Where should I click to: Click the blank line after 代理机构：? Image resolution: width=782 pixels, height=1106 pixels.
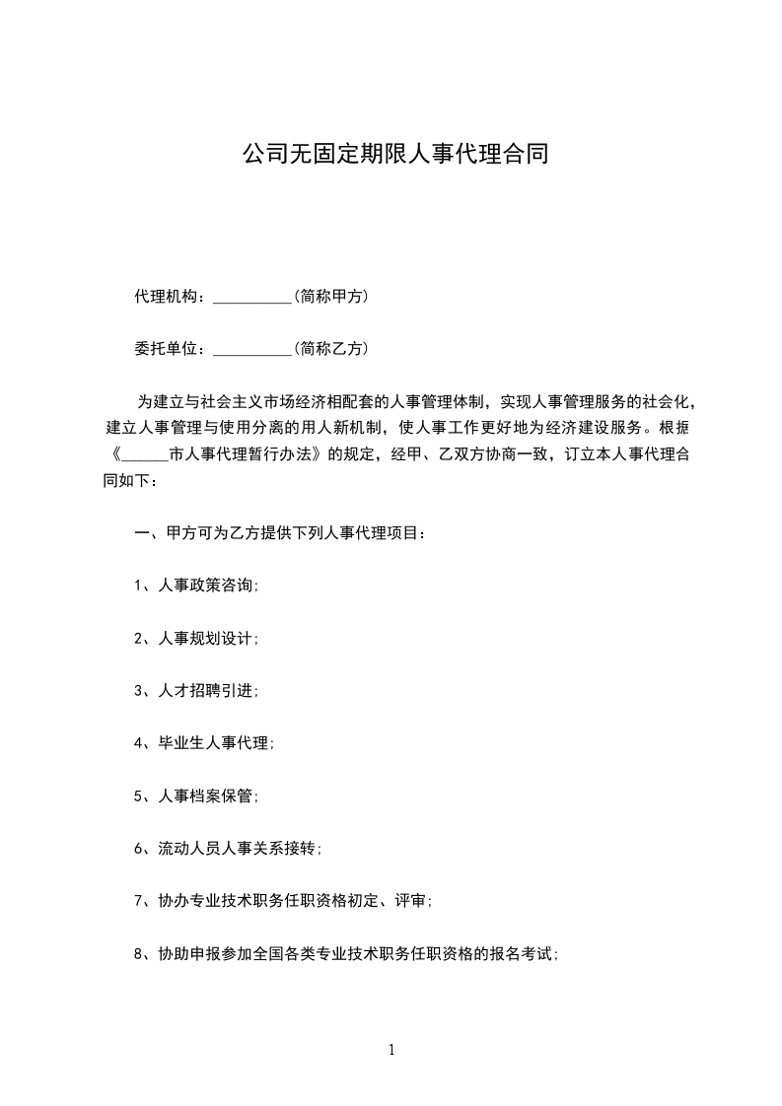(x=252, y=298)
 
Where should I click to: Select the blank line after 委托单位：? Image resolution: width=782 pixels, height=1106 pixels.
(x=252, y=350)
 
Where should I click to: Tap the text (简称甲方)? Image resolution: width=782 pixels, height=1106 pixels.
(x=331, y=296)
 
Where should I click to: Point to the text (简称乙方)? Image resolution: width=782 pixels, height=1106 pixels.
(x=331, y=348)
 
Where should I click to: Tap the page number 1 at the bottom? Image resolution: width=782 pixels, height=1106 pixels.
(x=391, y=1050)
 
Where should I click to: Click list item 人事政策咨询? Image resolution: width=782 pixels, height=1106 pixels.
(x=206, y=585)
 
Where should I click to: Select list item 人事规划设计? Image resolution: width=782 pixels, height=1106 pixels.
(x=206, y=638)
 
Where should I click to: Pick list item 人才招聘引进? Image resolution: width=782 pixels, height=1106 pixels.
(x=206, y=690)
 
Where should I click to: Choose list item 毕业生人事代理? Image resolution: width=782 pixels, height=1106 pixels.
(x=214, y=743)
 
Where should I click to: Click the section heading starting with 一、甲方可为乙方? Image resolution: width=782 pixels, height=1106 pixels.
(x=281, y=533)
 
